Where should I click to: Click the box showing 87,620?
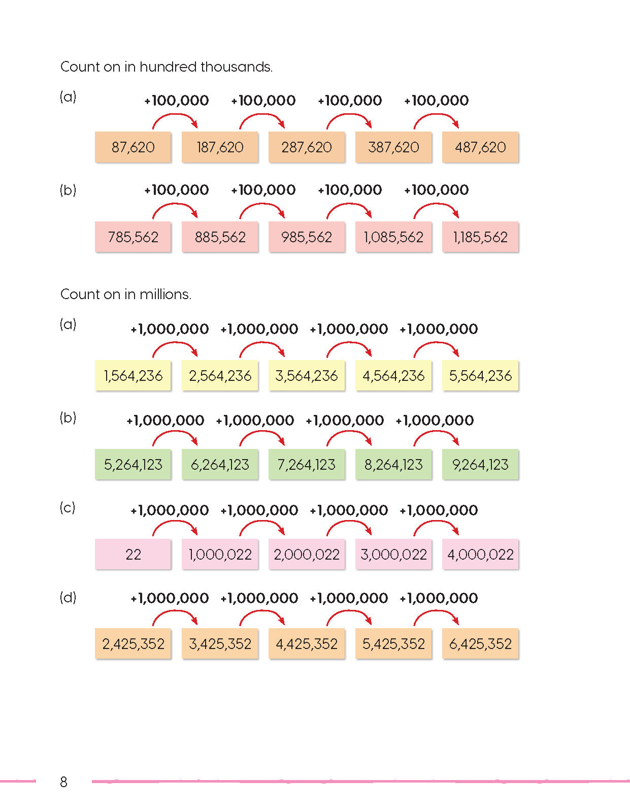pos(133,147)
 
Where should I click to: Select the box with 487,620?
pos(480,147)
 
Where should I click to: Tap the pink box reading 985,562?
pos(307,237)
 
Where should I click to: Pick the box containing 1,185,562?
pos(480,237)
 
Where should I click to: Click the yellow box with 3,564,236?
pos(307,376)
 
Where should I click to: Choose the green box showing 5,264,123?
pos(133,464)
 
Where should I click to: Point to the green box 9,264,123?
pos(480,464)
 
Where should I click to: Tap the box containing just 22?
pos(133,554)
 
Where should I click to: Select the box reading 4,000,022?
pos(480,554)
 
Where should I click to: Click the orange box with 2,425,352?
pos(133,644)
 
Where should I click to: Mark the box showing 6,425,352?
pos(480,644)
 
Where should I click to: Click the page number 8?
pos(63,782)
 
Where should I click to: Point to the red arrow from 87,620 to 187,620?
pos(175,120)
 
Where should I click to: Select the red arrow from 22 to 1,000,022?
pos(175,527)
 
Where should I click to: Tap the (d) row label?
pos(68,597)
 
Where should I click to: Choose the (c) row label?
pos(68,507)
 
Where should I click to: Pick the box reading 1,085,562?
pos(393,237)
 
